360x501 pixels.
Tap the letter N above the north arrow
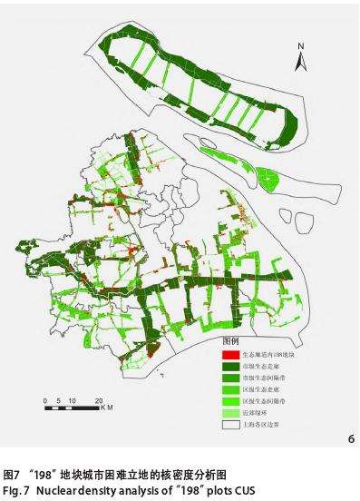[304, 44]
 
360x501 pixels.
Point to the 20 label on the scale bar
[98, 399]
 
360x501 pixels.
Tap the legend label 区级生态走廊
[264, 388]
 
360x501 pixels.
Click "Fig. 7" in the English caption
[15, 490]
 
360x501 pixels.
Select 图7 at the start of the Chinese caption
[12, 475]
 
